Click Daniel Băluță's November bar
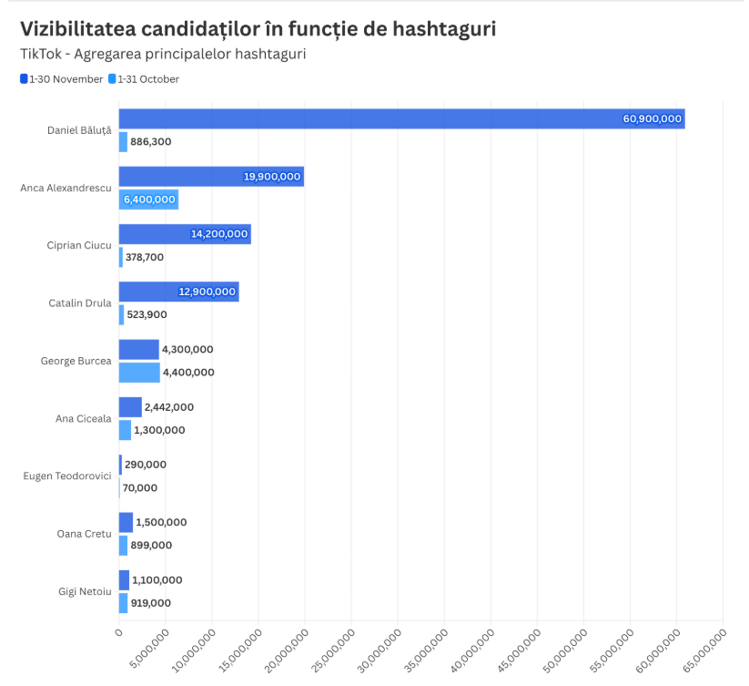click(400, 118)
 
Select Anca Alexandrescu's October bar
click(148, 200)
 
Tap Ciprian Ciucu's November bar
click(185, 234)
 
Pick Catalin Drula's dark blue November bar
click(178, 292)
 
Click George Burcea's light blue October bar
click(139, 372)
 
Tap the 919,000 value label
click(151, 603)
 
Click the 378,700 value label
click(145, 258)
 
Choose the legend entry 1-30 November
click(62, 79)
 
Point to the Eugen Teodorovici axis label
click(67, 476)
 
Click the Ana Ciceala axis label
click(83, 418)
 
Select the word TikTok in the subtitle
click(39, 54)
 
